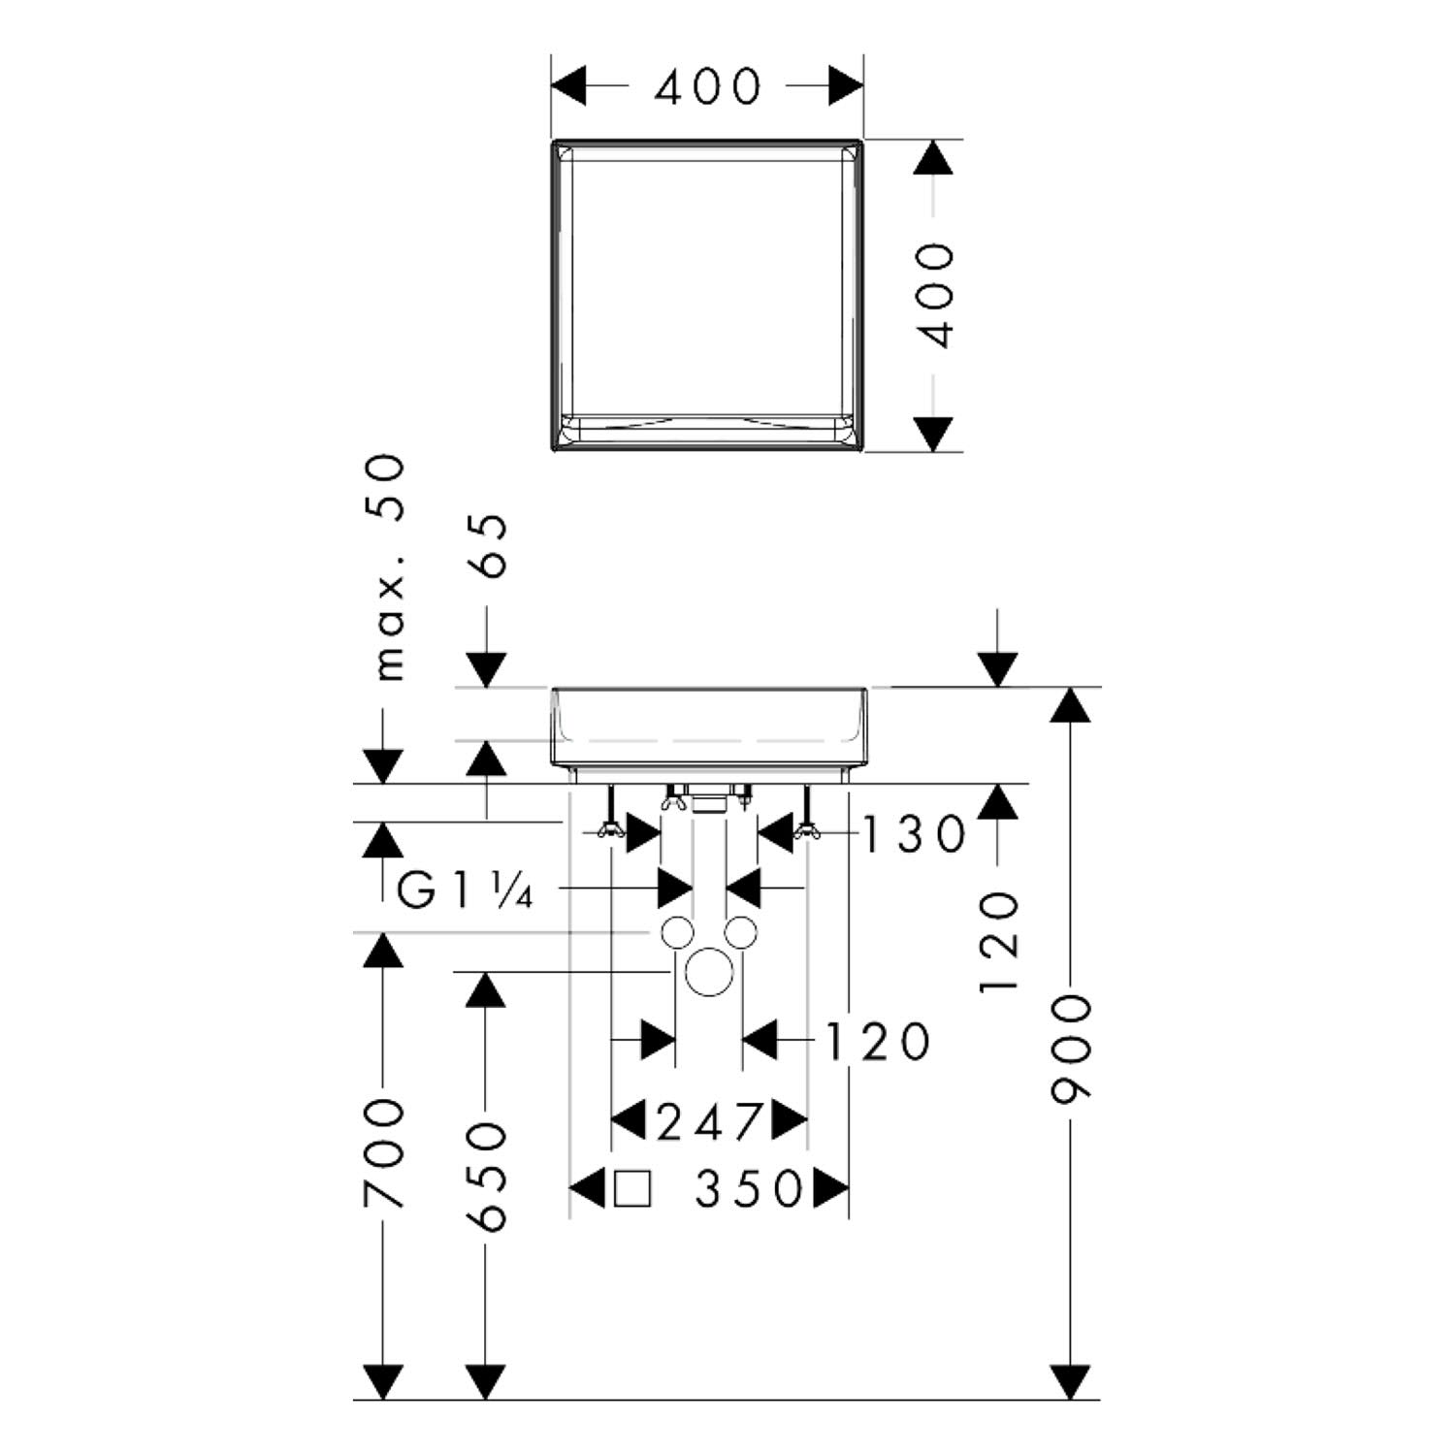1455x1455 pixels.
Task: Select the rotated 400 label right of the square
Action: [936, 295]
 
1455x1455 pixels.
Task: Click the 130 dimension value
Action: [915, 834]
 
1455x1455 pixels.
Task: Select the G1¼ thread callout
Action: [465, 890]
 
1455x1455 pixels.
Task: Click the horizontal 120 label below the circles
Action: [877, 1043]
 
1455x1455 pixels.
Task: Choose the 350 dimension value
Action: [750, 1189]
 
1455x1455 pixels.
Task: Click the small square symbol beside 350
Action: [632, 1189]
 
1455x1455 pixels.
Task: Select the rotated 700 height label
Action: [383, 1153]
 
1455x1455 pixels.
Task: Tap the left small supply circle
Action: [677, 932]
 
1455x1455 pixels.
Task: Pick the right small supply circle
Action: [741, 932]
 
